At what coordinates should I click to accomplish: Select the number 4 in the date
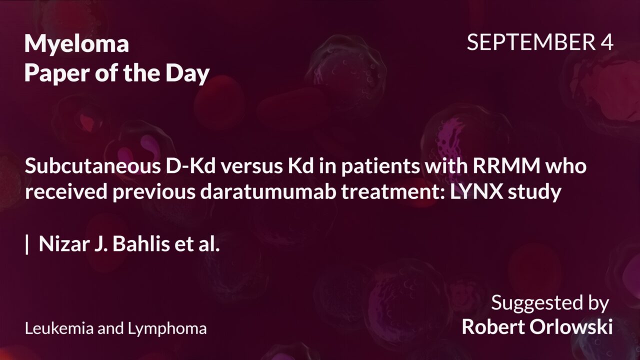pos(606,43)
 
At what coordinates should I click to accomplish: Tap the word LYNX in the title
pos(493,192)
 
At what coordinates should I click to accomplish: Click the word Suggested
pos(535,303)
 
